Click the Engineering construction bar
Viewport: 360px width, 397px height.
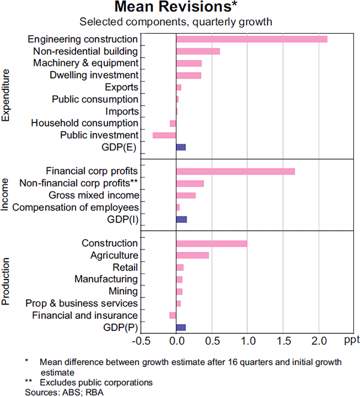[251, 39]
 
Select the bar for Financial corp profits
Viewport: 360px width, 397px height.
[235, 171]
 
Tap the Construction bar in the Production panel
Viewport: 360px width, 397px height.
[211, 243]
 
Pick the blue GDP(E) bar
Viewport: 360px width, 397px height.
[181, 147]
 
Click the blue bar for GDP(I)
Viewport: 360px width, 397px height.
[181, 219]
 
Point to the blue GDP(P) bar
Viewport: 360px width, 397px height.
[181, 327]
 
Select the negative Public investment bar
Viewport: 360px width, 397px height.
[164, 135]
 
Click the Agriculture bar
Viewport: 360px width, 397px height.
[192, 255]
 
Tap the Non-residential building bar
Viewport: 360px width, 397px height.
[197, 51]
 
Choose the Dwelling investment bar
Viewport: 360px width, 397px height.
[188, 75]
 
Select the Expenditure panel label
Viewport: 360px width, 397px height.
[7, 96]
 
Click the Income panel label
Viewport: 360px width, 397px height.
[7, 194]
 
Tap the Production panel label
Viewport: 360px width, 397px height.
[7, 282]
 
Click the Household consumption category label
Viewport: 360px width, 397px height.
[85, 123]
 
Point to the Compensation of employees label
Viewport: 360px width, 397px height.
[76, 207]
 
